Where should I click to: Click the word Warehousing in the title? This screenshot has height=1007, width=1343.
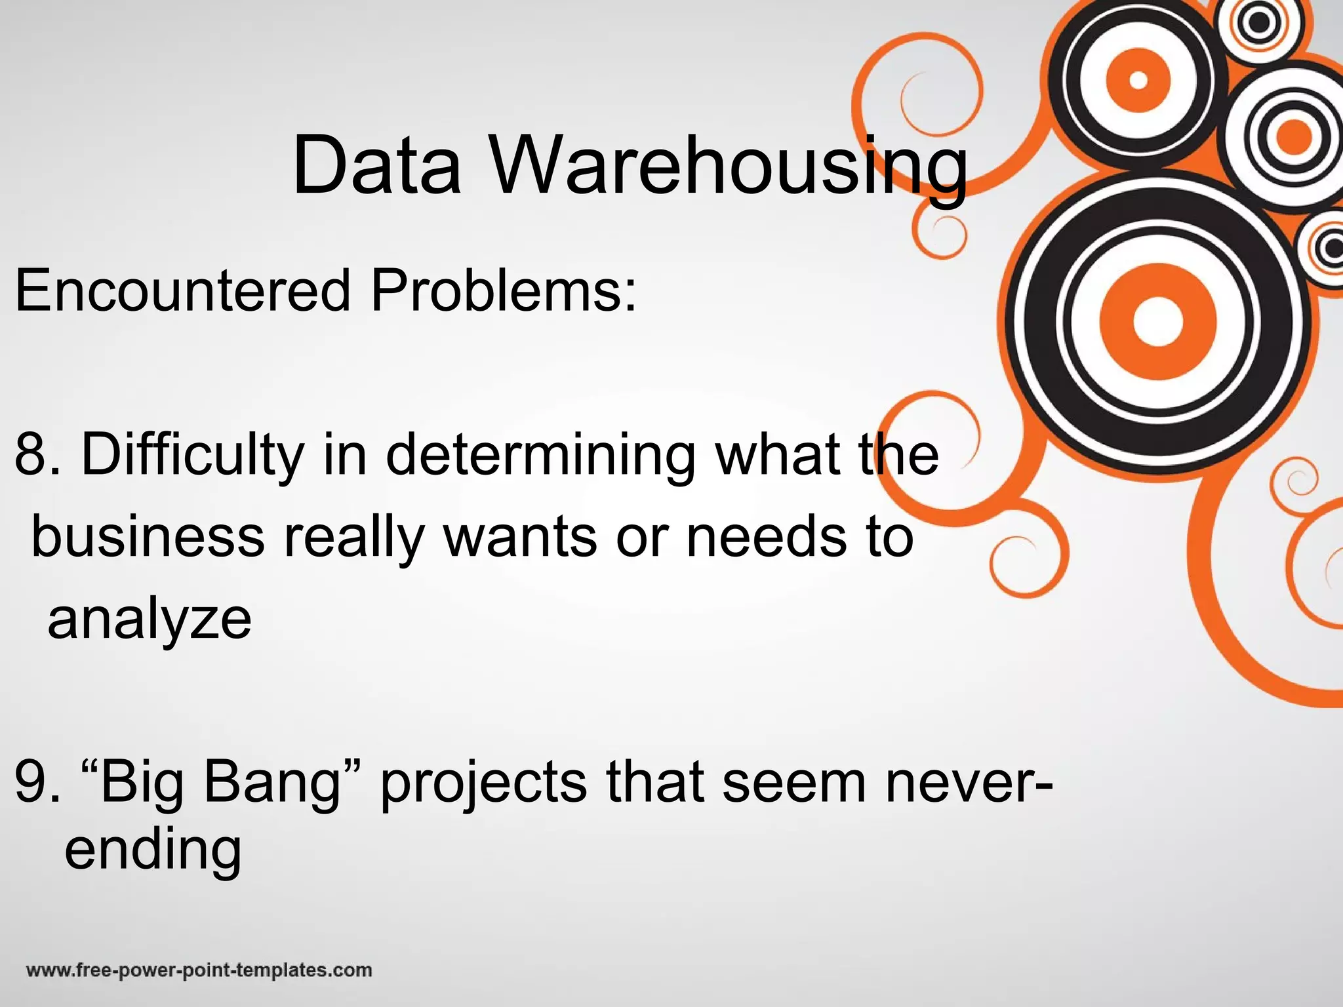(729, 167)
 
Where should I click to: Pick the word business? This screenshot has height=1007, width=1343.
(148, 537)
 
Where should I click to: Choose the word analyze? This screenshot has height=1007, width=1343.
(150, 620)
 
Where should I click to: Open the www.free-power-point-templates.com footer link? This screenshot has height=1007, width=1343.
(199, 970)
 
